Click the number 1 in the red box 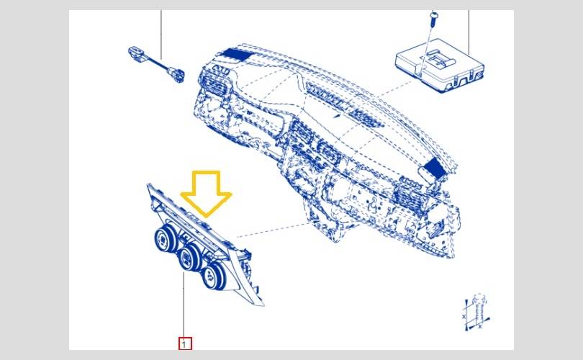pyautogui.click(x=184, y=344)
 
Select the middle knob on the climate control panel pyautogui.click(x=189, y=256)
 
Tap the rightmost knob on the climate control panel pyautogui.click(x=213, y=276)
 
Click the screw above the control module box pyautogui.click(x=433, y=19)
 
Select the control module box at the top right pyautogui.click(x=440, y=66)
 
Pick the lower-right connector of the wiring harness pyautogui.click(x=176, y=74)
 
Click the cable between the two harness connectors pyautogui.click(x=157, y=63)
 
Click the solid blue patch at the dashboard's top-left pyautogui.click(x=235, y=54)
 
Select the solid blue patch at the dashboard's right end pyautogui.click(x=435, y=167)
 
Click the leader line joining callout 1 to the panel pyautogui.click(x=184, y=305)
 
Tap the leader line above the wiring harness pyautogui.click(x=161, y=35)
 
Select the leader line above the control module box pyautogui.click(x=469, y=32)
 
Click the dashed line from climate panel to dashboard pyautogui.click(x=274, y=229)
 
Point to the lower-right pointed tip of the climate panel pyautogui.click(x=263, y=305)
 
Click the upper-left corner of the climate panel pyautogui.click(x=148, y=184)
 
